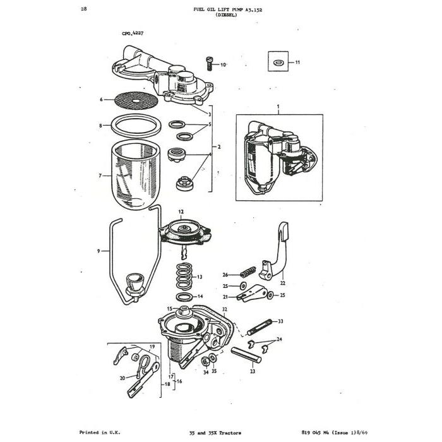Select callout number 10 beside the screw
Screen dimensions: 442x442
click(x=223, y=64)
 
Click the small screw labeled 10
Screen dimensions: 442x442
click(x=209, y=63)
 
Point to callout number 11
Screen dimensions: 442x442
click(x=297, y=63)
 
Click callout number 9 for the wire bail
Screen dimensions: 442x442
click(x=99, y=251)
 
